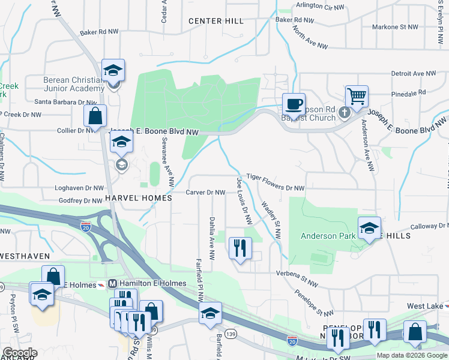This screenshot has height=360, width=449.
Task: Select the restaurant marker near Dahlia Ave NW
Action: (241, 248)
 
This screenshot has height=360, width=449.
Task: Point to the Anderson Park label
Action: (331, 236)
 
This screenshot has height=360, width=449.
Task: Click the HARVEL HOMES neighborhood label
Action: (138, 198)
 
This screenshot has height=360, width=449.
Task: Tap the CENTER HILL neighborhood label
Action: (216, 21)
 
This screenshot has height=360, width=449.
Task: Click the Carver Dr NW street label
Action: (205, 193)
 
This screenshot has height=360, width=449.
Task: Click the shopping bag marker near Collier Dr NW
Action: (95, 116)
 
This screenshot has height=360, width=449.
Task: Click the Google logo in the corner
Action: (20, 353)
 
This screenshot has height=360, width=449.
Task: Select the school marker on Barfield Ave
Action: (210, 314)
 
